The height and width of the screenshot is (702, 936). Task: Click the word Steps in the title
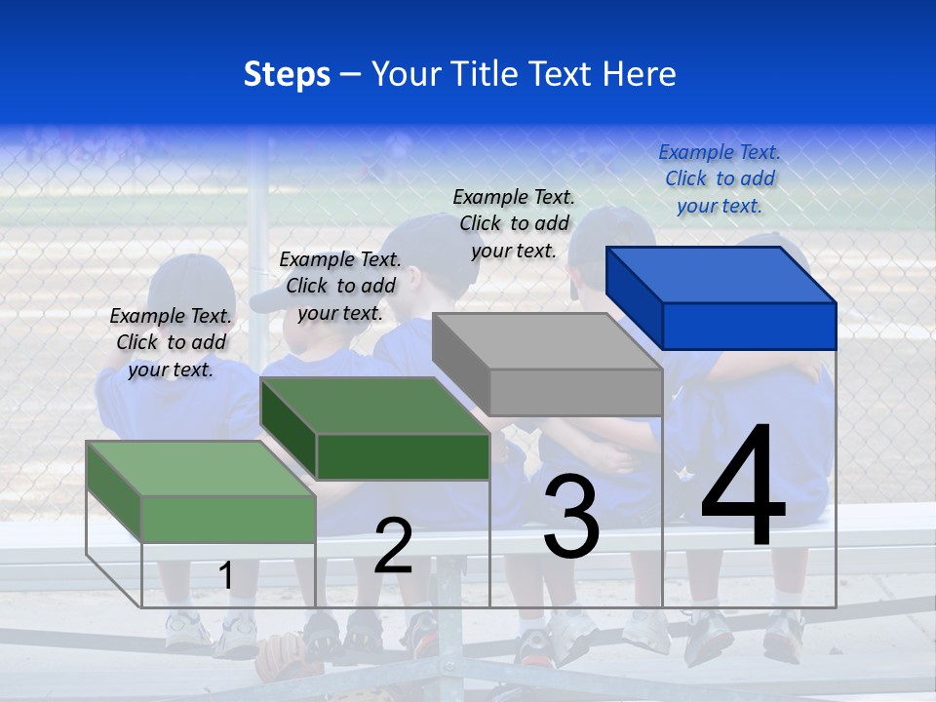coord(287,74)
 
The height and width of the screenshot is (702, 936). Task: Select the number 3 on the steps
coord(571,516)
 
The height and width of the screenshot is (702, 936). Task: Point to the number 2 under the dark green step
coord(393,546)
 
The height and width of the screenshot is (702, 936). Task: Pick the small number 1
coord(225,575)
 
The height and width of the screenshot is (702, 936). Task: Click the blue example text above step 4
coord(720,178)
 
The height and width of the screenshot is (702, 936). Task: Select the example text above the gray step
coord(514,223)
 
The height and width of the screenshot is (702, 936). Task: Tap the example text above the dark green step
coord(340,286)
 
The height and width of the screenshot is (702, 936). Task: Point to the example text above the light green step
coord(171,342)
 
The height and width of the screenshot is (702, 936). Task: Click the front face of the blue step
coord(749,326)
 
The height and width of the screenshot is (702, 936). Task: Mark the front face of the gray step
coord(575,393)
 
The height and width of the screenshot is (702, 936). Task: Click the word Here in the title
coord(640,74)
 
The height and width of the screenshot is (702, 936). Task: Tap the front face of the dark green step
coord(403,456)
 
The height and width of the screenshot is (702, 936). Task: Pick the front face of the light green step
coord(228,519)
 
